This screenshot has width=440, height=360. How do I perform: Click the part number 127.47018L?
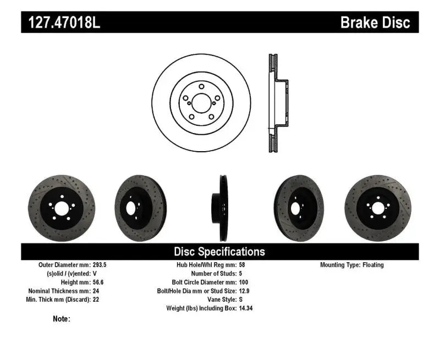(x=61, y=23)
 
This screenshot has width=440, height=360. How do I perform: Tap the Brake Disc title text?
(x=375, y=23)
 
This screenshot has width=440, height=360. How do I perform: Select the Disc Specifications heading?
(x=219, y=252)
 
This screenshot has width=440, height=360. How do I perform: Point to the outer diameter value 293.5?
(x=100, y=265)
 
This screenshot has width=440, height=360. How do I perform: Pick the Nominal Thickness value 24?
(x=96, y=291)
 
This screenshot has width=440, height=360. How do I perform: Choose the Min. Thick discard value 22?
(x=96, y=300)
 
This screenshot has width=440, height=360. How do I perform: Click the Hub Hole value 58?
(x=243, y=265)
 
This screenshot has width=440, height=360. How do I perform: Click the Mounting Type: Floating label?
(x=352, y=265)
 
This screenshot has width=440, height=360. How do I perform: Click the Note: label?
(x=62, y=319)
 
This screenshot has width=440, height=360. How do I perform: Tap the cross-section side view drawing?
(x=277, y=103)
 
